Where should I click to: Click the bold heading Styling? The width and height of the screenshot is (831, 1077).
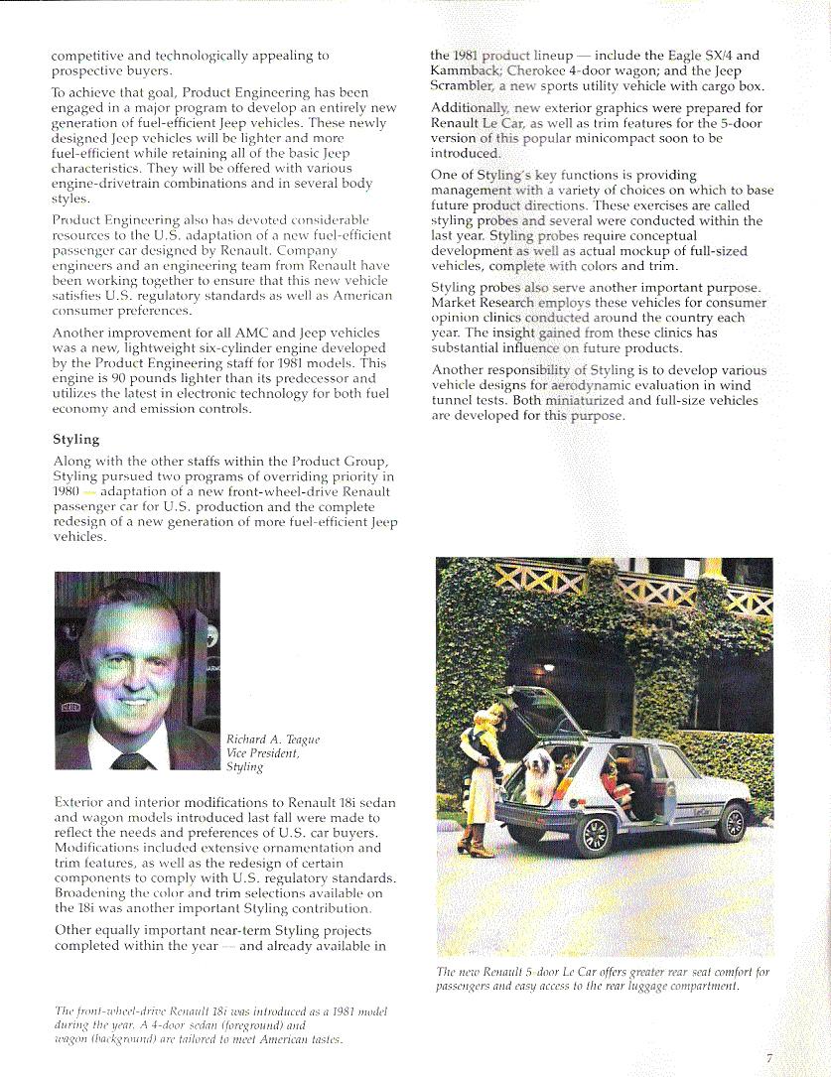[75, 439]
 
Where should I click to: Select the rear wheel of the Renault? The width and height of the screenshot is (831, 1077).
[595, 835]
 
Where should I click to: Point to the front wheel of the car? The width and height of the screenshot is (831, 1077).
[733, 822]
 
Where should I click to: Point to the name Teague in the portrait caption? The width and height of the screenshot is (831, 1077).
[299, 740]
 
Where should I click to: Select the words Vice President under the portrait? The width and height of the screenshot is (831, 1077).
[262, 753]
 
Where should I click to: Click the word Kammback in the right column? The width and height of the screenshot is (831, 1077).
[467, 71]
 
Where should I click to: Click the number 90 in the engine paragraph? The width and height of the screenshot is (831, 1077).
[123, 378]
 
